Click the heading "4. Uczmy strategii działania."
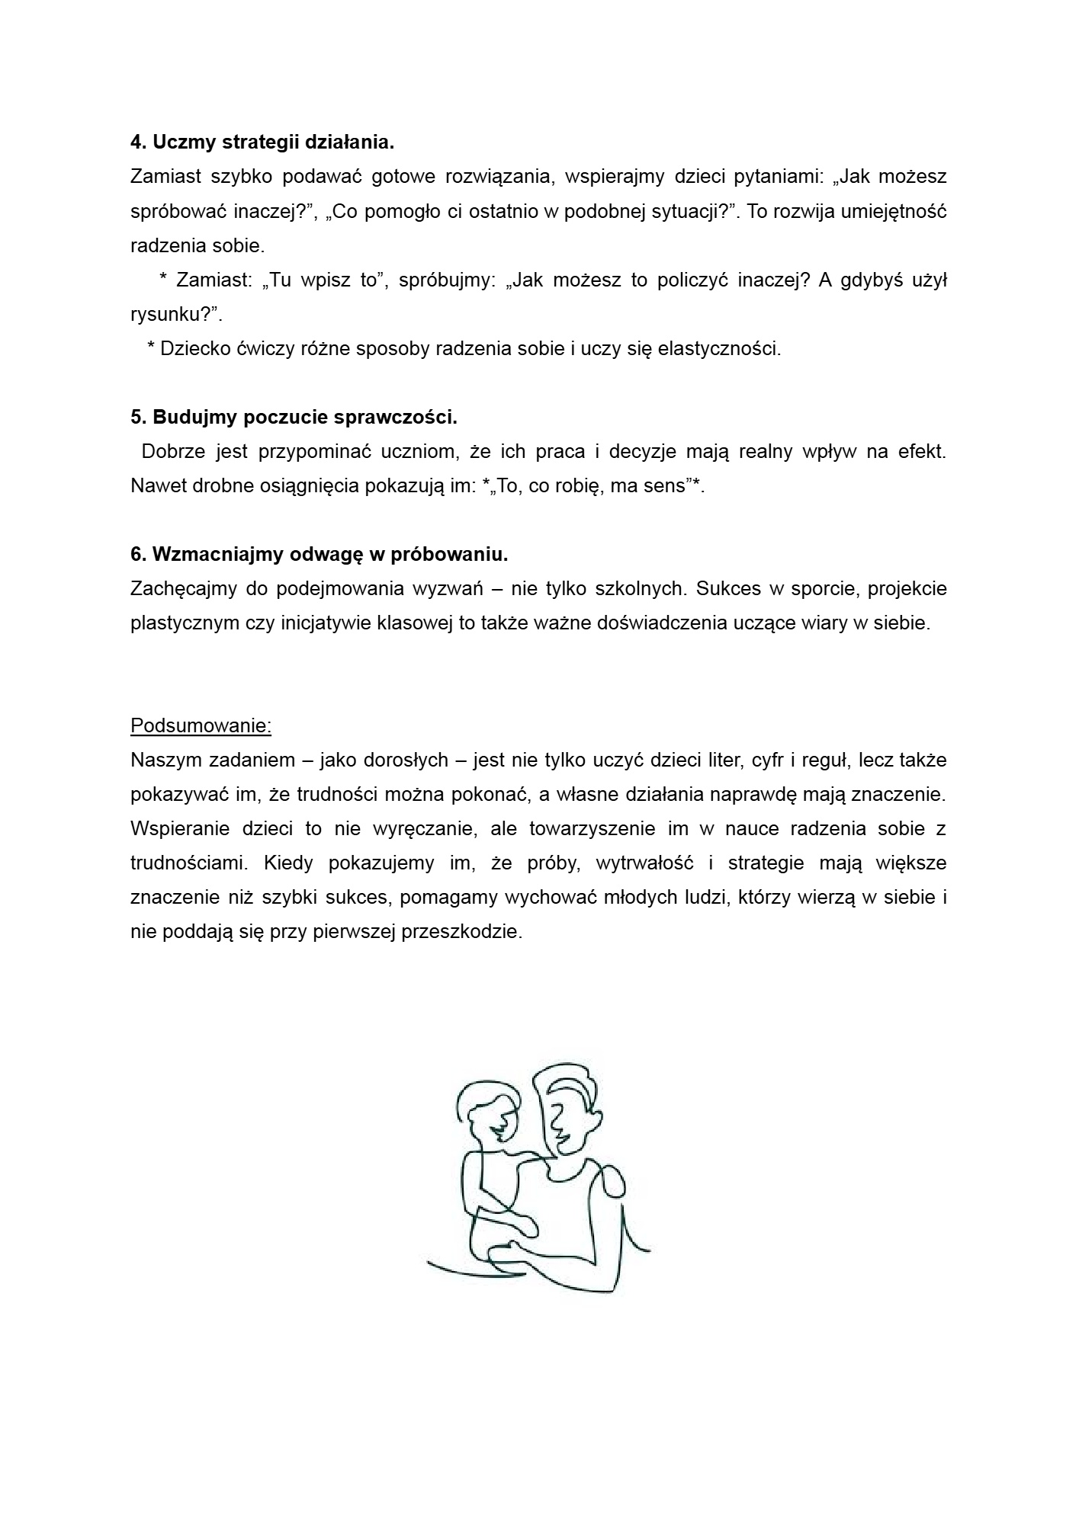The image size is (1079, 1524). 262,142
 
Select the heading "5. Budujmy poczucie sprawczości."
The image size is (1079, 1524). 294,418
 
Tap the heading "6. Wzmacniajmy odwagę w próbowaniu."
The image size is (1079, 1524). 319,555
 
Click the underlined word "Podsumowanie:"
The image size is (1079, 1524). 201,725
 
